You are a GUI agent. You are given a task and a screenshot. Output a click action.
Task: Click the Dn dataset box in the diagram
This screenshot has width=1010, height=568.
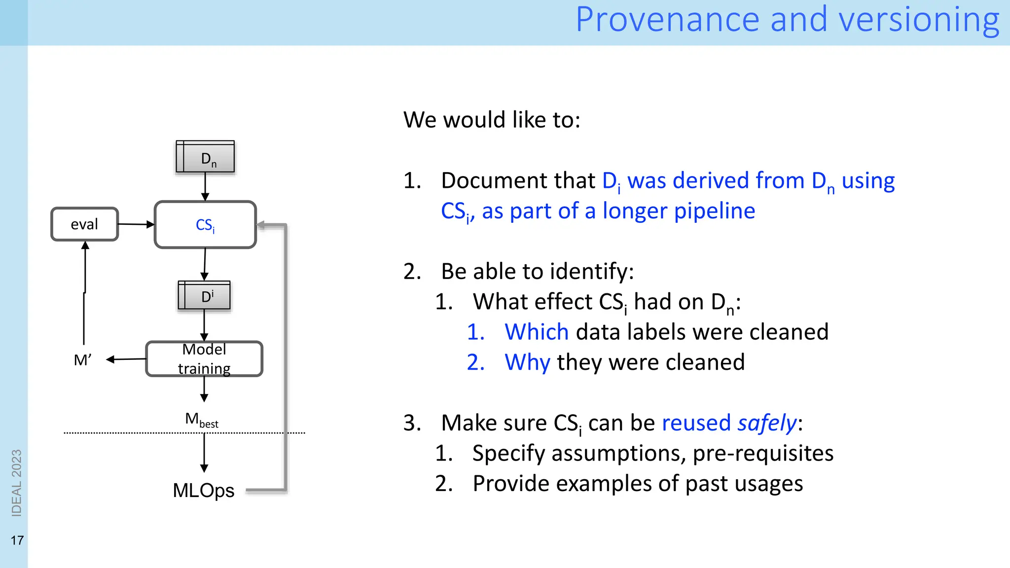[x=205, y=157]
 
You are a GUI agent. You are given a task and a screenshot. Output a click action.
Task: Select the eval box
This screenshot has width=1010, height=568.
[x=85, y=224]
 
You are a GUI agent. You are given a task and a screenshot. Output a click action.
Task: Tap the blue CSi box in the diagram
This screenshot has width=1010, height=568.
[x=205, y=225]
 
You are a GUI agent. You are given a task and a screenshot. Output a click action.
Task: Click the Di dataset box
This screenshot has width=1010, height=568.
[x=204, y=296]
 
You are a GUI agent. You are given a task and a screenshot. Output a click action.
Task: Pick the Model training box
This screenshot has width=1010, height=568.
[x=204, y=359]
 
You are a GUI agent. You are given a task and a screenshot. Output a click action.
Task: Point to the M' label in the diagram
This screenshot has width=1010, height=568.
[x=82, y=360]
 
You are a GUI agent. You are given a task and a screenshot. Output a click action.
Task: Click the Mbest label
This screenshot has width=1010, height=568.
[x=202, y=420]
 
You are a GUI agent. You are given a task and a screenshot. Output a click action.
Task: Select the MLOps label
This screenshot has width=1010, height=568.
[x=204, y=490]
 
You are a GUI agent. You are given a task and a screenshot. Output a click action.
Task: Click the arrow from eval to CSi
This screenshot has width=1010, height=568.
[x=136, y=224]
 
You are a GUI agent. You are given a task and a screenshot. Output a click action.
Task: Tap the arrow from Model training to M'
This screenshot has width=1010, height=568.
[x=126, y=359]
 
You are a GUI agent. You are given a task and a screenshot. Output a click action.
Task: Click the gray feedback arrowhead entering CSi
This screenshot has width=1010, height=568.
[x=262, y=225]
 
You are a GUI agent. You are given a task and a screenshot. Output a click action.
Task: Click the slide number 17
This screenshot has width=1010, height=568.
[x=17, y=540]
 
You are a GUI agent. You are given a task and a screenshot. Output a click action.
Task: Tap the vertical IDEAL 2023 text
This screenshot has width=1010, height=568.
[x=17, y=483]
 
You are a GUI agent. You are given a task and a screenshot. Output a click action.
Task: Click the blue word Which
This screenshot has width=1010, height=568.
[x=537, y=332]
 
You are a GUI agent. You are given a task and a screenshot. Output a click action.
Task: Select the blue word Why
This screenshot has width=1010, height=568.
[x=527, y=362]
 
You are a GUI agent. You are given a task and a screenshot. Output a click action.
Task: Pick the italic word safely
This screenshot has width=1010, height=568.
[x=767, y=423]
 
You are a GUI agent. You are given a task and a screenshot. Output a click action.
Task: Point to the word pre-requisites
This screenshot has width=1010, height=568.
[x=763, y=454]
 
